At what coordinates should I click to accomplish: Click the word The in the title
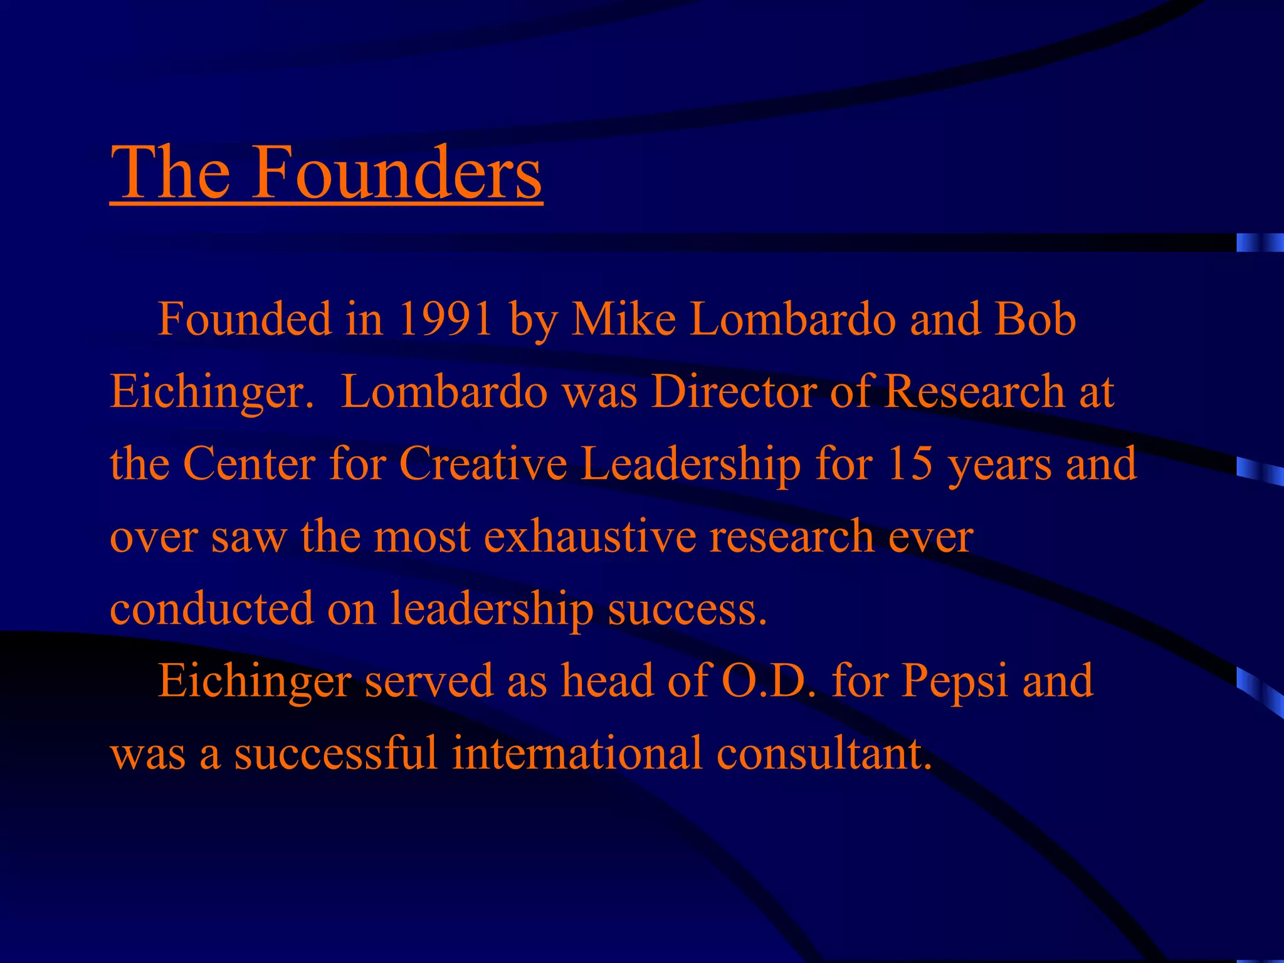pyautogui.click(x=170, y=172)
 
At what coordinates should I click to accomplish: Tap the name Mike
pyautogui.click(x=624, y=319)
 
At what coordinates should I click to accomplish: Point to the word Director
pyautogui.click(x=734, y=392)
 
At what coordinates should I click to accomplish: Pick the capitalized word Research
pyautogui.click(x=974, y=392)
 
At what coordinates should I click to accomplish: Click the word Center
pyautogui.click(x=249, y=464)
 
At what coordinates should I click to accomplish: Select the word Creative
pyautogui.click(x=483, y=464)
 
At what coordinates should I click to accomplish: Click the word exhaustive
pyautogui.click(x=590, y=537)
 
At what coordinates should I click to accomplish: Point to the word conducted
pyautogui.click(x=211, y=609)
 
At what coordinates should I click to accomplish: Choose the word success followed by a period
pyautogui.click(x=687, y=609)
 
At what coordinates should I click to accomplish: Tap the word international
pyautogui.click(x=577, y=753)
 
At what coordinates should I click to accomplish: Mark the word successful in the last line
pyautogui.click(x=335, y=753)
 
